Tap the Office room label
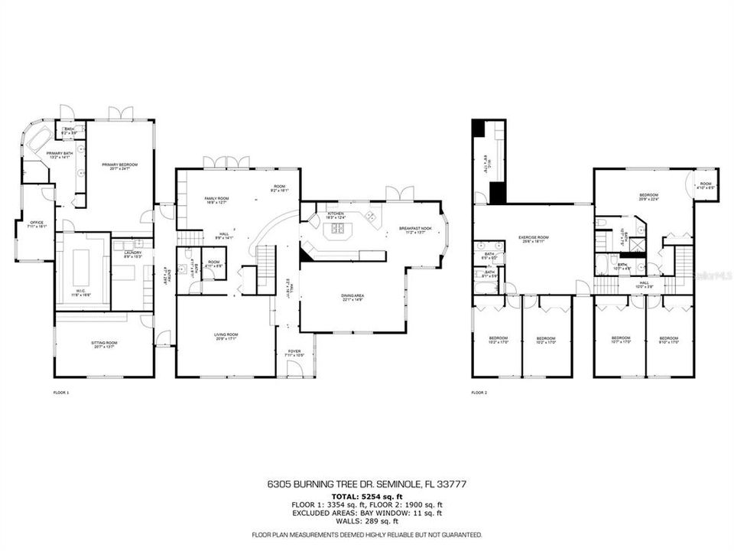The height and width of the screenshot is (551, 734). point(32,225)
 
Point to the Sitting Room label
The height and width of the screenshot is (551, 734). point(105,344)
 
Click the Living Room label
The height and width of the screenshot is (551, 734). point(226,336)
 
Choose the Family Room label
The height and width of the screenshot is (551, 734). point(216,201)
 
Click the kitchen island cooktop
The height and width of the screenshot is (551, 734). point(371,217)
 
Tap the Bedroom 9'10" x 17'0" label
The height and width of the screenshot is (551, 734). point(668,340)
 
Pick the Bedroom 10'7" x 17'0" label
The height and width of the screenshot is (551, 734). point(620,340)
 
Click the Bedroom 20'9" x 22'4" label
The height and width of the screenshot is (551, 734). point(648,197)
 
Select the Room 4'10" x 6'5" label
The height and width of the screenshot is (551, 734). point(705,185)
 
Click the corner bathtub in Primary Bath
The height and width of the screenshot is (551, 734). point(38,142)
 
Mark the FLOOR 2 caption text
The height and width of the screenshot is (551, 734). point(480,393)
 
